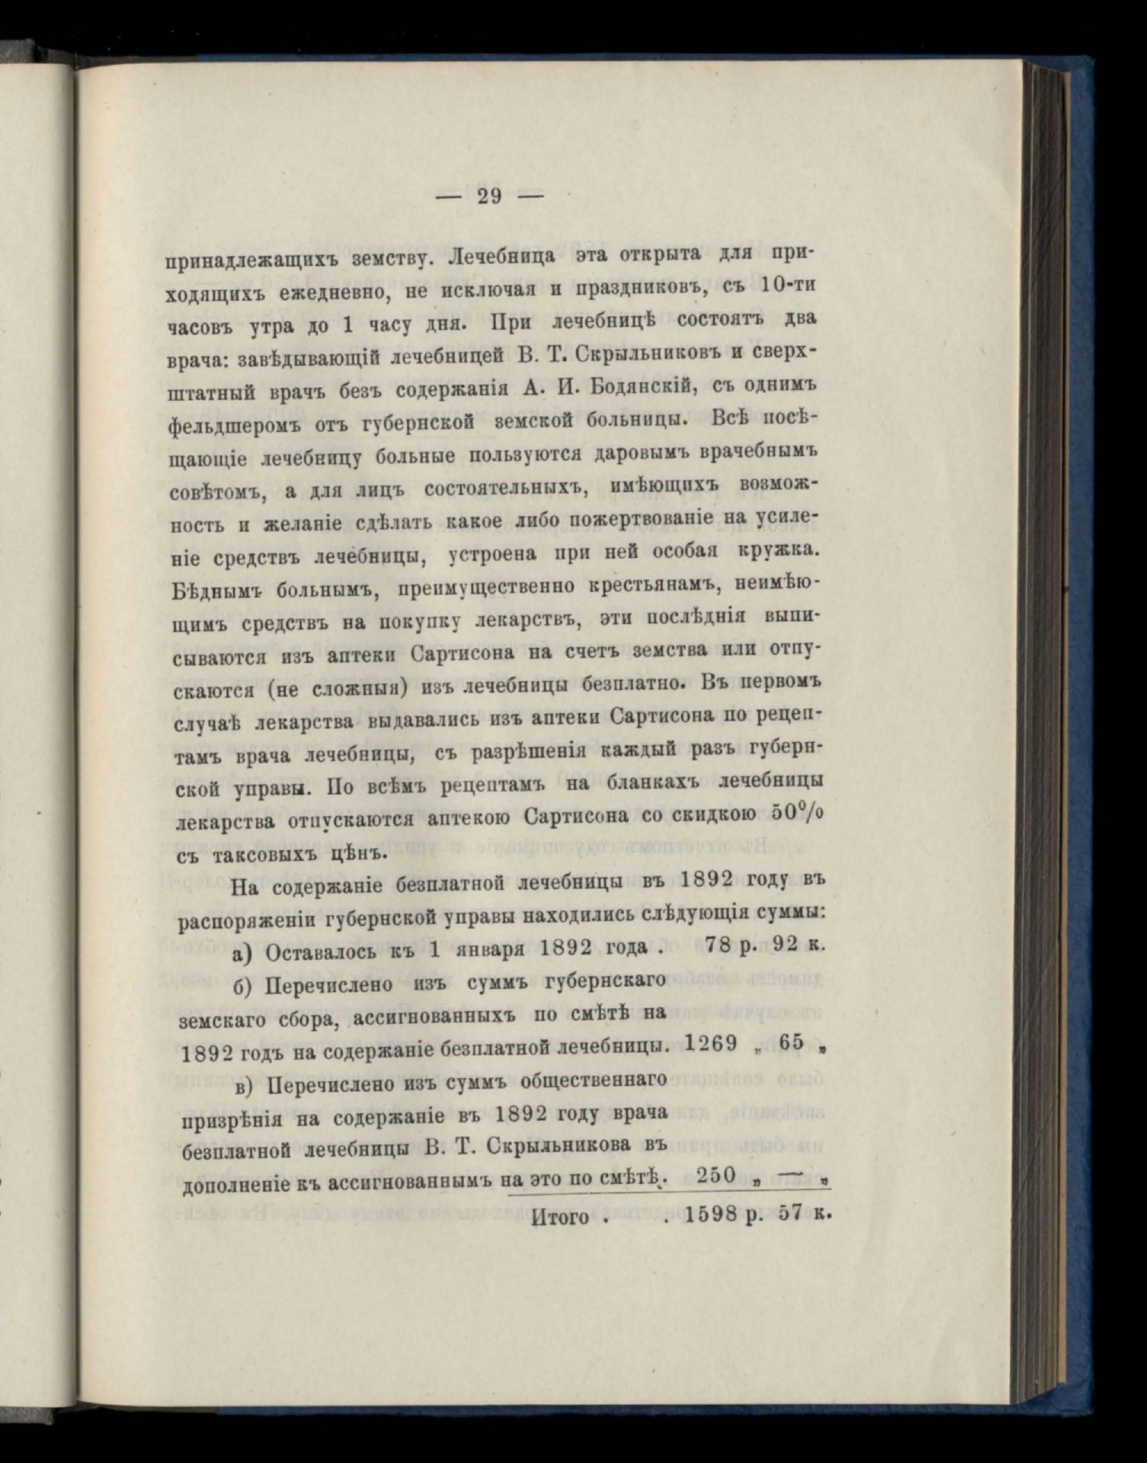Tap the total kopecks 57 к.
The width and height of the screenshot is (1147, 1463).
(x=802, y=1215)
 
